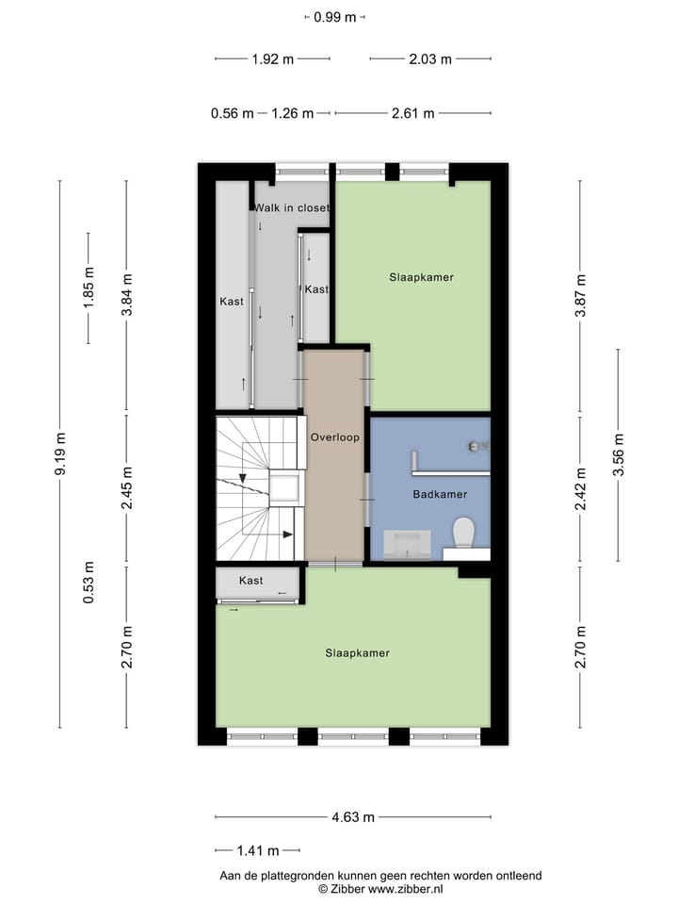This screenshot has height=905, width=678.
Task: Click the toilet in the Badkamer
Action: pyautogui.click(x=462, y=534)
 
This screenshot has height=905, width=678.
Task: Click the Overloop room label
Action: pyautogui.click(x=334, y=437)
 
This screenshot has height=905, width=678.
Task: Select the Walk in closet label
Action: pyautogui.click(x=292, y=207)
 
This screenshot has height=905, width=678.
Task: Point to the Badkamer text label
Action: pyautogui.click(x=439, y=494)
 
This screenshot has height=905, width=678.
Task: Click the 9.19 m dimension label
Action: pyautogui.click(x=61, y=455)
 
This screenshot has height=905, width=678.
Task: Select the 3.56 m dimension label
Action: pyautogui.click(x=619, y=456)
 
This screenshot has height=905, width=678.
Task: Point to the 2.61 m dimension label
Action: pyautogui.click(x=413, y=113)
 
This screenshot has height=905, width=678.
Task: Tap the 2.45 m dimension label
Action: pyautogui.click(x=127, y=490)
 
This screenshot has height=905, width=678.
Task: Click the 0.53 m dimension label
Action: pyautogui.click(x=89, y=583)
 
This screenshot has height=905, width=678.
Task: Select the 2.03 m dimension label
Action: pyautogui.click(x=430, y=59)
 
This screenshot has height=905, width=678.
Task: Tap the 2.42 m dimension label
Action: pyautogui.click(x=581, y=491)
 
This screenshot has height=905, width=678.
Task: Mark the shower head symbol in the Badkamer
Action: pyautogui.click(x=475, y=446)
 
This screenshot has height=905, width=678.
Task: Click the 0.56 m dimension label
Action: pyautogui.click(x=232, y=113)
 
